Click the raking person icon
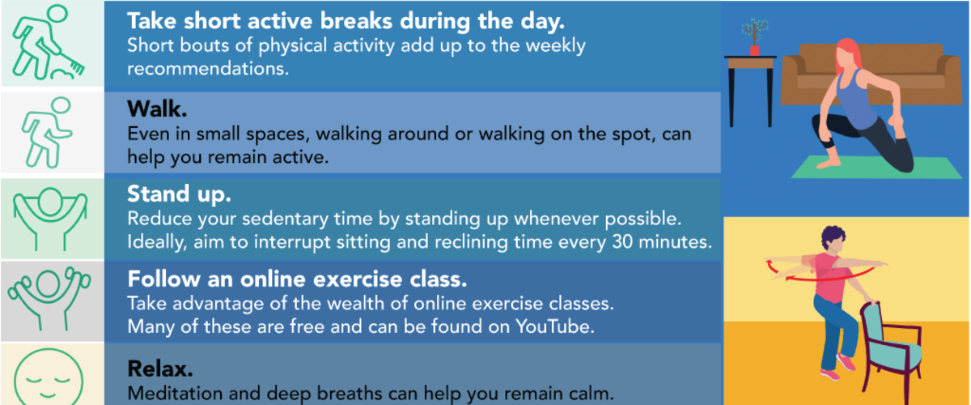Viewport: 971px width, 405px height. [47, 43]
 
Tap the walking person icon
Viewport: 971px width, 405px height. [47, 132]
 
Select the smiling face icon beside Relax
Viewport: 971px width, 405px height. [48, 377]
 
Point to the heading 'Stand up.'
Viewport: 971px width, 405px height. [179, 194]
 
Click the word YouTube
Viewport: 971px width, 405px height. [555, 326]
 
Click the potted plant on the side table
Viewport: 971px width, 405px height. [754, 37]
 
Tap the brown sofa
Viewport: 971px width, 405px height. [871, 74]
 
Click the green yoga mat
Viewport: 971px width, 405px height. [876, 168]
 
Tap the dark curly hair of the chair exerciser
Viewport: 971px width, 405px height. [833, 237]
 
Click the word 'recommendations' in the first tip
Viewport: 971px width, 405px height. [208, 69]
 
